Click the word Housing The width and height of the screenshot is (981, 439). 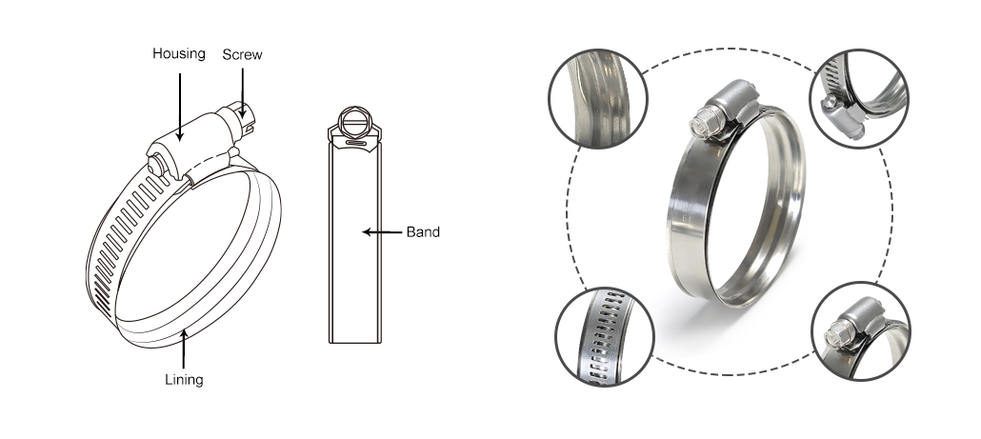coord(179,54)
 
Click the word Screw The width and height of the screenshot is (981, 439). coord(242,55)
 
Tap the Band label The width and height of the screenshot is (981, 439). coord(423,232)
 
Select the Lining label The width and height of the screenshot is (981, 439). coord(184,380)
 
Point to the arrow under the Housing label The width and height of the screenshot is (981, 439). coord(180,107)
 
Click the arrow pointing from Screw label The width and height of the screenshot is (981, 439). coord(242,93)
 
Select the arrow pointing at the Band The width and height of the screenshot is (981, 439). coord(382,232)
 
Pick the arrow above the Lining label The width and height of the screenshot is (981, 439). coord(184,349)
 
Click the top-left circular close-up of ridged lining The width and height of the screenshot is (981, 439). coord(597,99)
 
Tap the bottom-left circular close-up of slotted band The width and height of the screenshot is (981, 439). coord(605,336)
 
